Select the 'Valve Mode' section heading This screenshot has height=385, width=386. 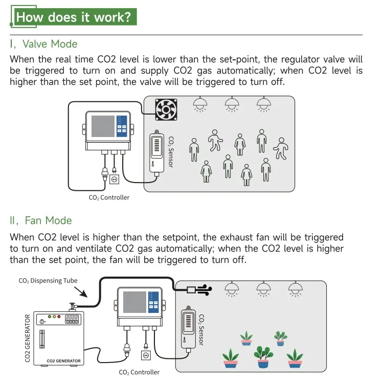point(44,44)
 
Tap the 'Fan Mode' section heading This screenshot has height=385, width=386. point(41,220)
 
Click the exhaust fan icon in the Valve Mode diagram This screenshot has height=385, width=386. point(166,109)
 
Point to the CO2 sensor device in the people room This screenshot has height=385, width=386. point(156,152)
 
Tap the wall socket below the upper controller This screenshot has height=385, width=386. point(114,179)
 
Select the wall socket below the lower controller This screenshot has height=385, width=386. point(146,354)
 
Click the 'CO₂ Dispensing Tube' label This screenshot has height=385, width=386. point(48,281)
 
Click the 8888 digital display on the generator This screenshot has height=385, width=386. point(71,318)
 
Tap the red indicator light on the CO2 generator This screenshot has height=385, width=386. point(59,317)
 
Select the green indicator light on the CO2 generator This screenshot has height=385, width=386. point(48,317)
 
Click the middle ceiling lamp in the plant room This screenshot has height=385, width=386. point(264,289)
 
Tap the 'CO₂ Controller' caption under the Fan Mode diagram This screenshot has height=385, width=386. point(139,373)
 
